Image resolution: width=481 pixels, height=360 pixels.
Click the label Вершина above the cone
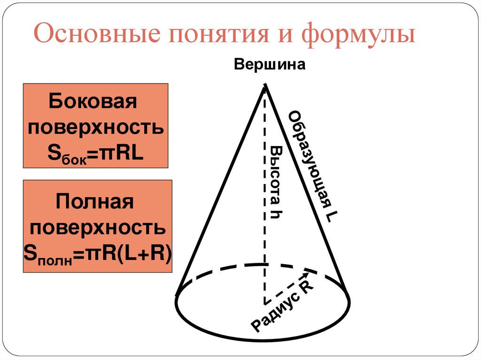tap(270, 65)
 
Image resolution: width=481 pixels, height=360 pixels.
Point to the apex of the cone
tap(266, 85)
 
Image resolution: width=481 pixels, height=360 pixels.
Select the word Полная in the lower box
tap(95, 203)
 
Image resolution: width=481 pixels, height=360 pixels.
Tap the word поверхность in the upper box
tap(95, 127)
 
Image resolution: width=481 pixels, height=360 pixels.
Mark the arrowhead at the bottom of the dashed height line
tap(265, 300)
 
